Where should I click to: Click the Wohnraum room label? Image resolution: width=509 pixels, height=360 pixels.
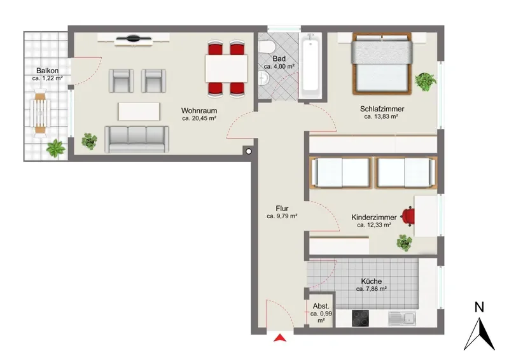coord(199,111)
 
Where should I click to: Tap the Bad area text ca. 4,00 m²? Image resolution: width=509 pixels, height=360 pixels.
coord(279,67)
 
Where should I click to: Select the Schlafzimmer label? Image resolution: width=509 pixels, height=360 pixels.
coord(382,109)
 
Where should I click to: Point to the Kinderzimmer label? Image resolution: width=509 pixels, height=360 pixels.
coord(374,217)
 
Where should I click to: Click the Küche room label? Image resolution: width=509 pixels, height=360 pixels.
coord(372,281)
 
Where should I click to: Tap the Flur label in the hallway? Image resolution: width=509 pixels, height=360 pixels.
coord(282,209)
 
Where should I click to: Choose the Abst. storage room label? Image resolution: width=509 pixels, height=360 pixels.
coord(321,306)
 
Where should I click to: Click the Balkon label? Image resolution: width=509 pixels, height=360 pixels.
coord(47,71)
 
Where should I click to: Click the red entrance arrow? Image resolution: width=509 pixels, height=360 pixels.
coord(280,338)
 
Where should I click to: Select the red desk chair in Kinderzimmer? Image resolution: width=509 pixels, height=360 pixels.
coord(408,216)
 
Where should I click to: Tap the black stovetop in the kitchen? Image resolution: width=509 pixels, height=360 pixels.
coord(360,318)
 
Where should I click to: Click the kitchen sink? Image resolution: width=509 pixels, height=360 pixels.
coord(402,318)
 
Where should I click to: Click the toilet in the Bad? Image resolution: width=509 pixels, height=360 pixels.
coord(267,47)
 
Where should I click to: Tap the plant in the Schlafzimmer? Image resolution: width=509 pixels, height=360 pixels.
coord(425,81)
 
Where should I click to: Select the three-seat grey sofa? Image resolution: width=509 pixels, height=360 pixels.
coord(137,139)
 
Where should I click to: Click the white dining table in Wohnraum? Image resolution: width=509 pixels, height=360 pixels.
coord(227,69)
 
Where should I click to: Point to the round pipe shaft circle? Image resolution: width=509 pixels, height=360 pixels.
coord(249,151)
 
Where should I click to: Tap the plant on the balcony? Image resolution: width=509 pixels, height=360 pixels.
coord(56,148)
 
